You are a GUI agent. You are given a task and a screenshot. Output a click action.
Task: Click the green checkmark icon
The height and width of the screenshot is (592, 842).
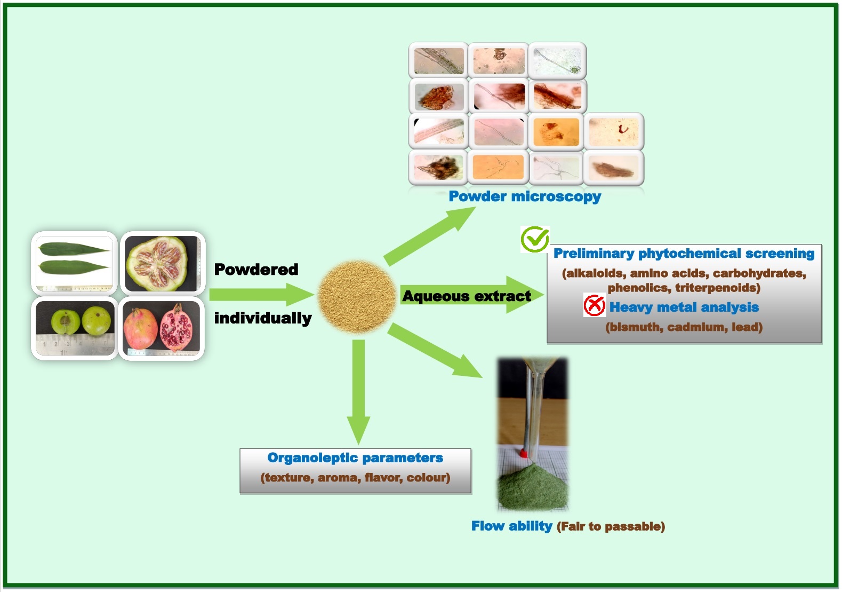click(535, 239)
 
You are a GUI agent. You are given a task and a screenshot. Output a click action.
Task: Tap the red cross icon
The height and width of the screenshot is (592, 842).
click(594, 305)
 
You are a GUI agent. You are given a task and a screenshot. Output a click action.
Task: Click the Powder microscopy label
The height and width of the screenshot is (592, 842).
click(525, 196)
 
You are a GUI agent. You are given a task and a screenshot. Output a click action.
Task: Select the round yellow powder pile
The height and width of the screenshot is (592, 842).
click(357, 296)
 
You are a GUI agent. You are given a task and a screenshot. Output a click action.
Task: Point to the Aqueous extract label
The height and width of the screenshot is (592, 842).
click(467, 296)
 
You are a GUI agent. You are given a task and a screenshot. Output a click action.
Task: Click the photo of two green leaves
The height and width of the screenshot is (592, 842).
click(75, 263)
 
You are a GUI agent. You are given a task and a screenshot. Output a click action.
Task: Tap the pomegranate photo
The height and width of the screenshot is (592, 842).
click(161, 328)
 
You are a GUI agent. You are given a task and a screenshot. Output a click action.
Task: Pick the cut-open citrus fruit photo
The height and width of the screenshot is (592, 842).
click(162, 263)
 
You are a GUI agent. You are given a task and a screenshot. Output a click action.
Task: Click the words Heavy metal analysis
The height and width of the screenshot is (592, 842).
click(684, 307)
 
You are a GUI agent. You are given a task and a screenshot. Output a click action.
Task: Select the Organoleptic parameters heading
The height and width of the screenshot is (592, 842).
click(355, 458)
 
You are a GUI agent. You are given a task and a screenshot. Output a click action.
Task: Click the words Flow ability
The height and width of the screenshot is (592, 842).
click(511, 526)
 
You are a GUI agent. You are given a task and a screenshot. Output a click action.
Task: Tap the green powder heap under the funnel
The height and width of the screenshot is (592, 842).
click(532, 488)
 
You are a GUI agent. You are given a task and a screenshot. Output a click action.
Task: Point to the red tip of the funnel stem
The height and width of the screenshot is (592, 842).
click(524, 453)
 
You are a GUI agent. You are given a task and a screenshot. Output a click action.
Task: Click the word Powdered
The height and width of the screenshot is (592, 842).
click(256, 270)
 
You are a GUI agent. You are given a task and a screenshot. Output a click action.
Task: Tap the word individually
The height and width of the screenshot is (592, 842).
click(263, 318)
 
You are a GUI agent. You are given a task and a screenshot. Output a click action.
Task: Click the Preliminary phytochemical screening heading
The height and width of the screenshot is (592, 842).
click(684, 254)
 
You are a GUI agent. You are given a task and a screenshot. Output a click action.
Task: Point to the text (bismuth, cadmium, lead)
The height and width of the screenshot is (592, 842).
click(684, 327)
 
